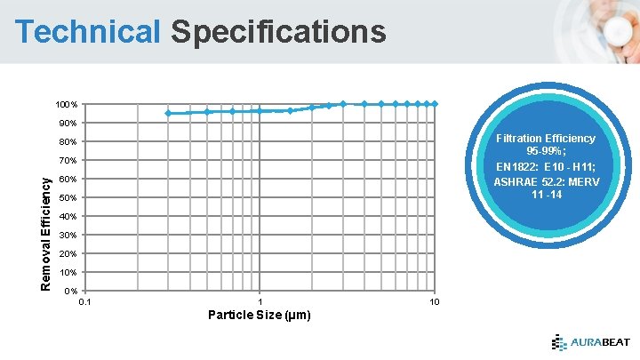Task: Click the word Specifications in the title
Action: pos(278,32)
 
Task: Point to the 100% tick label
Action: pos(68,104)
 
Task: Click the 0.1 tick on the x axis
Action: pos(84,303)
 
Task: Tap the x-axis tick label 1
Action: pos(260,303)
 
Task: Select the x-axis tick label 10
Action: pos(434,303)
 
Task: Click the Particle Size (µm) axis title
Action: pos(259,316)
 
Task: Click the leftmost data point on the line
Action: pos(168,113)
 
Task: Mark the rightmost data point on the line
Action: pos(435,104)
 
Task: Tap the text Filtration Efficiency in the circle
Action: pos(546,139)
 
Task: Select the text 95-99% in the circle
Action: pos(546,152)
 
